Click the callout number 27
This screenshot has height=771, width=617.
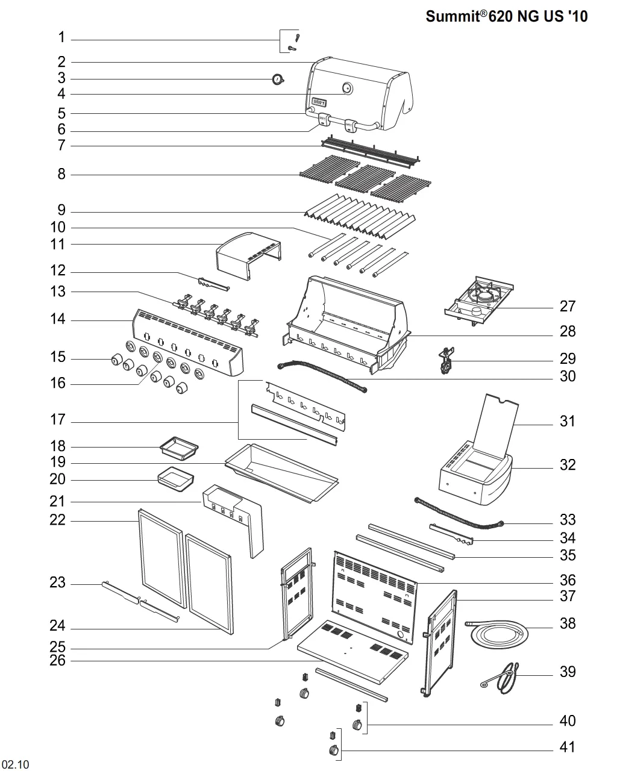tap(567, 307)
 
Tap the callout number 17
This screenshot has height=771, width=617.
tap(58, 420)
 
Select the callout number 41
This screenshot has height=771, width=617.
tap(567, 747)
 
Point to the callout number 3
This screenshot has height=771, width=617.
tap(61, 78)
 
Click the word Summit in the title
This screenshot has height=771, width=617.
tap(453, 16)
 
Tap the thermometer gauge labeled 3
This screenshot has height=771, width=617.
tap(278, 79)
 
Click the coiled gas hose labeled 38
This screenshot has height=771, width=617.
tap(499, 634)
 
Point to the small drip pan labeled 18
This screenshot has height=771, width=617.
tap(179, 448)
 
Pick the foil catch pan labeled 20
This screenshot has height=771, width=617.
tap(176, 479)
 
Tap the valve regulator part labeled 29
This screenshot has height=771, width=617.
tap(446, 360)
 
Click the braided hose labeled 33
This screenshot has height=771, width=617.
tap(459, 514)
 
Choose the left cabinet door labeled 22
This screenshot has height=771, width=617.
tap(163, 558)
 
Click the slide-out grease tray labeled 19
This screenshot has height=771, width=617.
tap(282, 473)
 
